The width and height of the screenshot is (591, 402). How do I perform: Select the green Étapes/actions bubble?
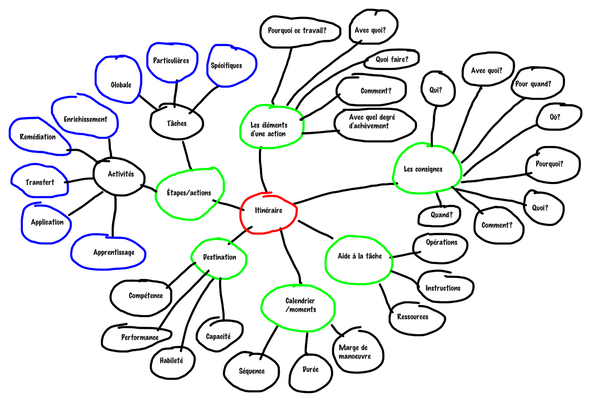189,193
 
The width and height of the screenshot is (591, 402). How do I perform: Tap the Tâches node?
177,123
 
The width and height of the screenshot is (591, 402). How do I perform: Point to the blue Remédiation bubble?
38,137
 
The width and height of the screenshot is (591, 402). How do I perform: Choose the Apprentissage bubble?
114,253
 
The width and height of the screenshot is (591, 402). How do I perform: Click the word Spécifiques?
226,65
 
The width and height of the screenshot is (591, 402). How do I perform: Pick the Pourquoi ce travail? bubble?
297,31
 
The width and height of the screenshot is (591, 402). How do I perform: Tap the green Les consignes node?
423,169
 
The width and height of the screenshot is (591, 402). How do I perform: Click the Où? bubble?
555,117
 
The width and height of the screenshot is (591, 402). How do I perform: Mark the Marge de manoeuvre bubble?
355,351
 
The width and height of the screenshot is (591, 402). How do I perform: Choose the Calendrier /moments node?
300,305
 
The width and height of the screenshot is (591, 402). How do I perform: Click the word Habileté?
171,361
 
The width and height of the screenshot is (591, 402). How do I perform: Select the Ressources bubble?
412,317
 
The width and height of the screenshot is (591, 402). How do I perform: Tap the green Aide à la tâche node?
360,256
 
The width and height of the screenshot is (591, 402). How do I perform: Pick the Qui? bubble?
436,90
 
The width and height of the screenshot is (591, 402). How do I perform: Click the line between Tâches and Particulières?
176,93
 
